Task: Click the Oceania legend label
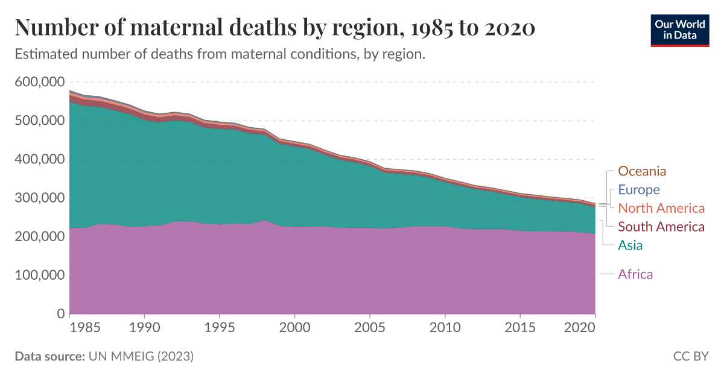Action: tap(642, 171)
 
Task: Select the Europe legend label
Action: tap(639, 190)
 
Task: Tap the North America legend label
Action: tap(661, 209)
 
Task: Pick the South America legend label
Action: tap(661, 227)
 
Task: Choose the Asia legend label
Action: tap(630, 245)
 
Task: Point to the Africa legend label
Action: tap(635, 275)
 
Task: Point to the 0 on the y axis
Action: tap(60, 314)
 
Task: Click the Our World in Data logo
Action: tap(679, 30)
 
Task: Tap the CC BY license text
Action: tap(690, 356)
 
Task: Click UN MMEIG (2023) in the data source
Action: tap(141, 356)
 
